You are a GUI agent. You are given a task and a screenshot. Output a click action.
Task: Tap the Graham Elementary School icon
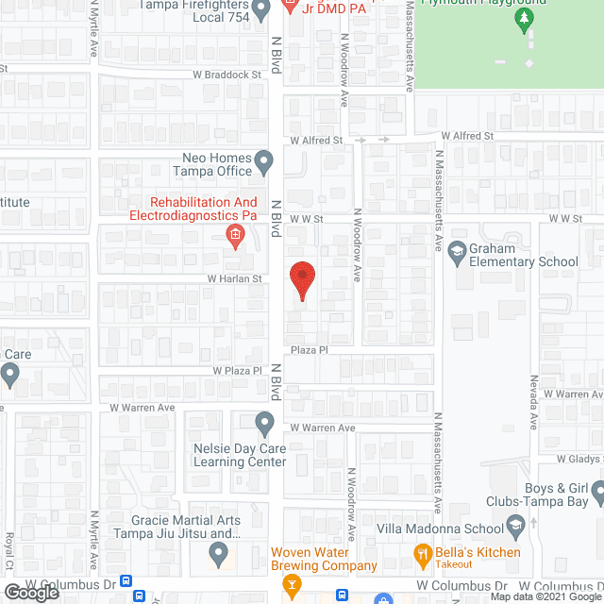(458, 250)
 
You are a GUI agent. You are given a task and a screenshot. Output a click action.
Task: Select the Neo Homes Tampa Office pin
(265, 163)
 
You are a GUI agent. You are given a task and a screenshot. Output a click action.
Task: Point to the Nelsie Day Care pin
(265, 421)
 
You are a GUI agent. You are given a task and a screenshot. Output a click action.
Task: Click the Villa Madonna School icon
(515, 525)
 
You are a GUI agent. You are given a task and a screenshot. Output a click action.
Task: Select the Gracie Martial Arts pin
(220, 557)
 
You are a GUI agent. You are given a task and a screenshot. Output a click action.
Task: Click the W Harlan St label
(235, 278)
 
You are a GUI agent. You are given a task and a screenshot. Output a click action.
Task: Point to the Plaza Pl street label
(308, 349)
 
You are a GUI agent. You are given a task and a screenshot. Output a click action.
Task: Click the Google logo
(31, 592)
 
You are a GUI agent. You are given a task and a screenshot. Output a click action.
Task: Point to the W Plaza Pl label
(237, 371)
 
